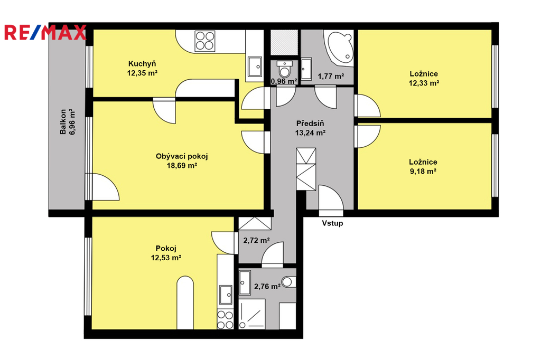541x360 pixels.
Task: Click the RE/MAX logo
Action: pyautogui.click(x=45, y=32)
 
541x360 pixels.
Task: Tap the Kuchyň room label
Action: pyautogui.click(x=142, y=64)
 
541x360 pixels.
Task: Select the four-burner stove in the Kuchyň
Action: pyautogui.click(x=205, y=41)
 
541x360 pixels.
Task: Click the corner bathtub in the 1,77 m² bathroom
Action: pyautogui.click(x=340, y=47)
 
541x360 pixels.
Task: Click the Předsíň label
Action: pyautogui.click(x=310, y=124)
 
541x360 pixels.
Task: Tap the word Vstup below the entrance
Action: pyautogui.click(x=333, y=223)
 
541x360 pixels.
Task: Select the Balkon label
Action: pyautogui.click(x=63, y=122)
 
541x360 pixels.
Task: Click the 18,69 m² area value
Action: pyautogui.click(x=182, y=166)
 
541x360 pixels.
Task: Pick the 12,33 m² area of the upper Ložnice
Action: pyautogui.click(x=424, y=83)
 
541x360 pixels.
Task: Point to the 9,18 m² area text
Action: pyautogui.click(x=423, y=172)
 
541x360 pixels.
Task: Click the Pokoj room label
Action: pyautogui.click(x=166, y=248)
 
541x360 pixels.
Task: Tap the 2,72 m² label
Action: pyautogui.click(x=256, y=240)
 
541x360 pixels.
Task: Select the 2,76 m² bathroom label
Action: pyautogui.click(x=267, y=287)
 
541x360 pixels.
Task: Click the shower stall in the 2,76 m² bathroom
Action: pyautogui.click(x=252, y=314)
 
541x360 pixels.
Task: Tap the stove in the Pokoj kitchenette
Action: pyautogui.click(x=225, y=319)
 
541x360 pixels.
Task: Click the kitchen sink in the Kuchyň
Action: pyautogui.click(x=255, y=67)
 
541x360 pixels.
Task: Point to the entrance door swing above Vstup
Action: pyautogui.click(x=331, y=201)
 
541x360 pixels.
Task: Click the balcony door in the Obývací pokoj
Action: pyautogui.click(x=103, y=187)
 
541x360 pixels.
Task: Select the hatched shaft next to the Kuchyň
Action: pyautogui.click(x=284, y=43)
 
